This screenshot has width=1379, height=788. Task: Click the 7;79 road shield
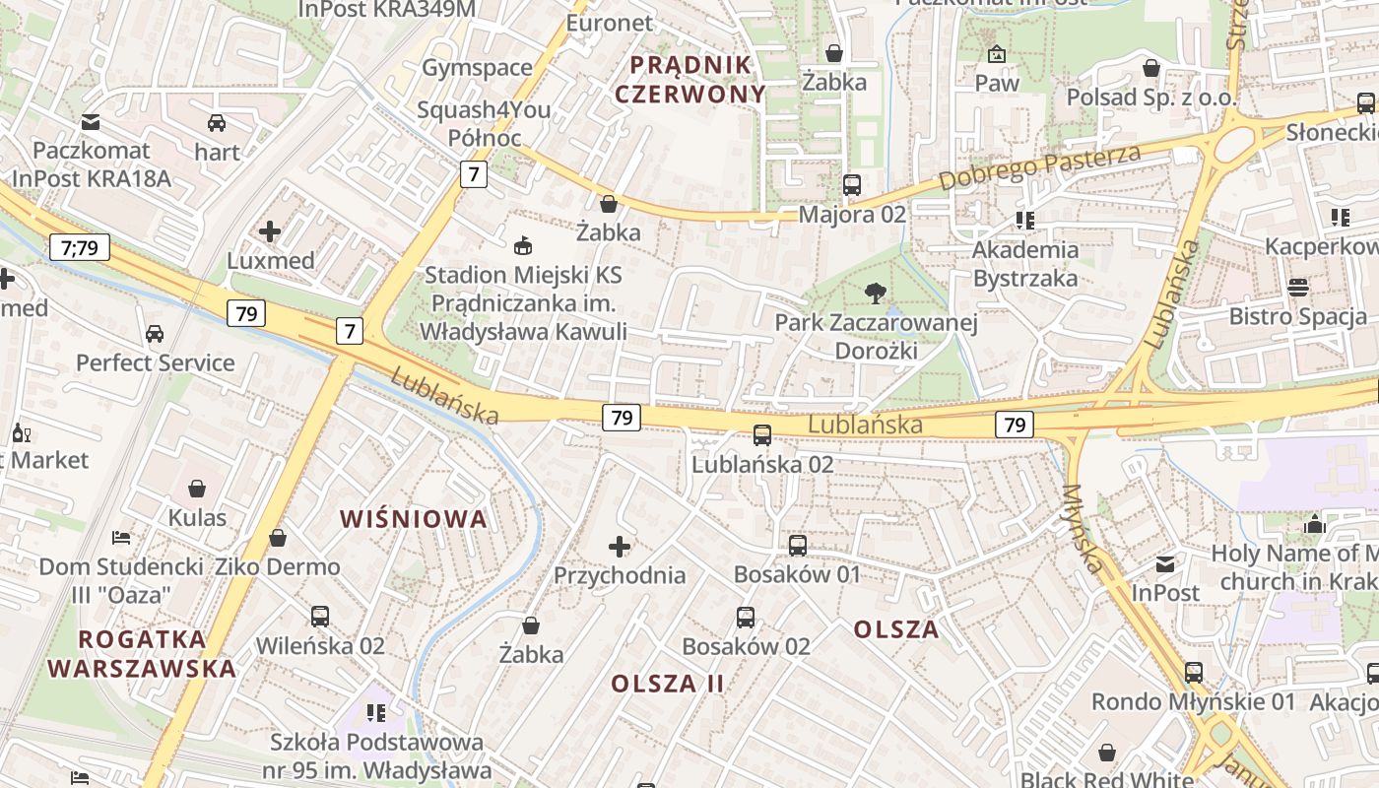point(80,246)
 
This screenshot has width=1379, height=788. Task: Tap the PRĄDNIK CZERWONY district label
point(696,80)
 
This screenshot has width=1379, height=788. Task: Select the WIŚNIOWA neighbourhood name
point(414,519)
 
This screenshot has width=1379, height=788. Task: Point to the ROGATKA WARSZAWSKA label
point(142,654)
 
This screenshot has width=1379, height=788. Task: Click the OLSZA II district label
point(668,684)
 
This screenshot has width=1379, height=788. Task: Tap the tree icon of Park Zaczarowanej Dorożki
point(874,293)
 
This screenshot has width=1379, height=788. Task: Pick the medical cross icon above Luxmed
point(270,232)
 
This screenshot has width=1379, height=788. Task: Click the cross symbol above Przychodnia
point(620,546)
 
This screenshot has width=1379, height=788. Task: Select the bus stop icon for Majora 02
point(852,184)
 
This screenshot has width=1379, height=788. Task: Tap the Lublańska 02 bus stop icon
point(762,434)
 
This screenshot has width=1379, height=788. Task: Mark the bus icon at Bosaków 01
point(798,545)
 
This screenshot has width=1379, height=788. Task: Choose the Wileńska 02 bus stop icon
point(320,617)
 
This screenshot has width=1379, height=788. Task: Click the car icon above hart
point(217,123)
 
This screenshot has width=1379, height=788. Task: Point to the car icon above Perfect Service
point(155,333)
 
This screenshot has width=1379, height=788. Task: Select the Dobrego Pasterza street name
point(1039,167)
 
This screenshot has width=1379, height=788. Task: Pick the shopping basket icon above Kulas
point(197,489)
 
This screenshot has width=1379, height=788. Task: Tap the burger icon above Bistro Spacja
point(1298,287)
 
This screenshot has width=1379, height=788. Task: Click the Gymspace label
point(477,68)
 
